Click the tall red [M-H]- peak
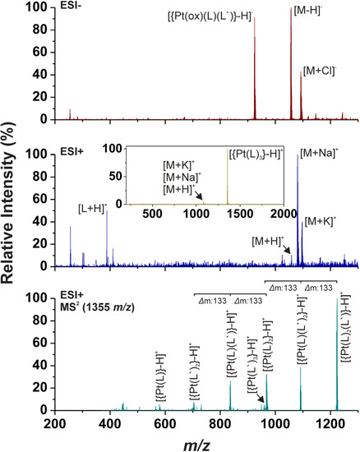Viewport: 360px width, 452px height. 292,66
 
